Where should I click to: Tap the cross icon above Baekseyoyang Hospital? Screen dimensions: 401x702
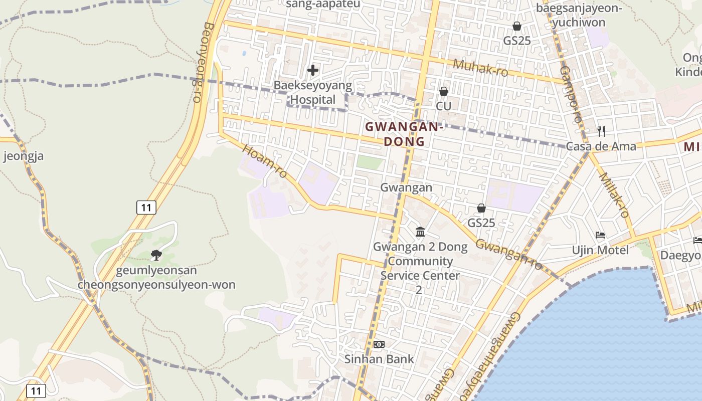[x=313, y=70]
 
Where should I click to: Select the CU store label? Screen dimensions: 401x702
[x=443, y=106]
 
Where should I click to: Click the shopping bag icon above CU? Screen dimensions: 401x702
[x=443, y=91]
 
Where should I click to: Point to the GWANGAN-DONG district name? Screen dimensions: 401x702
[x=404, y=134]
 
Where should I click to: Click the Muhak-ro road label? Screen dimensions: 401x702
[x=480, y=68]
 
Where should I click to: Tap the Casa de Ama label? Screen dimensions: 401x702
[x=601, y=146]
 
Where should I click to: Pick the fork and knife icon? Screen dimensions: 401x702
[x=601, y=131]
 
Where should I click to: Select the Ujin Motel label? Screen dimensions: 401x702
[x=600, y=250]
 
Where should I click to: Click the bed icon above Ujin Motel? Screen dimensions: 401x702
[x=600, y=235]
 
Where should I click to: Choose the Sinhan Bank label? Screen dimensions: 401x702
[x=379, y=359]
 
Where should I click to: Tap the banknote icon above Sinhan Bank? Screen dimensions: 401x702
[x=379, y=344]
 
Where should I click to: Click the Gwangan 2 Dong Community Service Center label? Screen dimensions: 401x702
[x=420, y=268]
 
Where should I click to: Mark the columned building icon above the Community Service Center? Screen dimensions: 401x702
[x=420, y=232]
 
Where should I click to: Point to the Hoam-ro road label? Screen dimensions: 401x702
[x=265, y=161]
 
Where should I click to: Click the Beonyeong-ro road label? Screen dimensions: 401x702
[x=203, y=62]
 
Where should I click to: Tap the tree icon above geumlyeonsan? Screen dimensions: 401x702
[x=156, y=255]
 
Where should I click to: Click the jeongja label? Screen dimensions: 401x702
[x=23, y=156]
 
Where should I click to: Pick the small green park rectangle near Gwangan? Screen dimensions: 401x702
[x=370, y=162]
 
